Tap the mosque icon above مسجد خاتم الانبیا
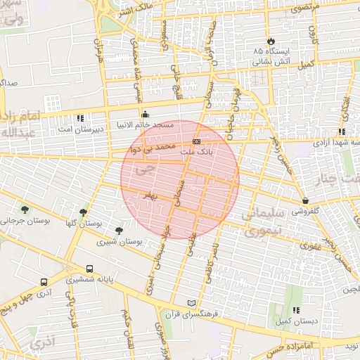[146, 115]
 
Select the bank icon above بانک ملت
[195, 141]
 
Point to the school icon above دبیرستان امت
[81, 118]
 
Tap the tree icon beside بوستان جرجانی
[25, 210]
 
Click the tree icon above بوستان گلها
[84, 212]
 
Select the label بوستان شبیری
[118, 242]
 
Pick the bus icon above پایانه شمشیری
[89, 269]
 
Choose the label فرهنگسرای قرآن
[188, 313]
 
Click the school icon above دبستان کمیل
[296, 310]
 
